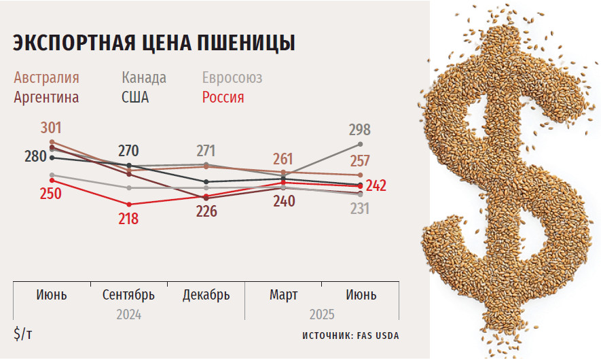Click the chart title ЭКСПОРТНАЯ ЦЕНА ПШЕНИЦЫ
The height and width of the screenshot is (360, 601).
tap(153, 42)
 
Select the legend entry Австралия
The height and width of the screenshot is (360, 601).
tap(46, 77)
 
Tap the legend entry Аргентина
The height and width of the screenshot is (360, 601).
tap(46, 97)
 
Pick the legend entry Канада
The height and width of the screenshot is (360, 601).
tap(144, 77)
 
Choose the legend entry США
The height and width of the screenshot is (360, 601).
tap(135, 97)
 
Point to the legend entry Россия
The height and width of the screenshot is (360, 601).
tap(223, 97)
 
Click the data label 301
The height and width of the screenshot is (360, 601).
tap(52, 128)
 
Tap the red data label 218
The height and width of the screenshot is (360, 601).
tap(128, 219)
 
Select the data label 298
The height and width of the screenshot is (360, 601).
tap(360, 130)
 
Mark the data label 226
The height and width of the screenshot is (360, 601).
tap(206, 211)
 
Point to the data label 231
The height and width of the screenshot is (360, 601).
tap(360, 209)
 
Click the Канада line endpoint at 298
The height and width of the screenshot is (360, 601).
tap(360, 144)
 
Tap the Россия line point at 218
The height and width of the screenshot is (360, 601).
tap(129, 204)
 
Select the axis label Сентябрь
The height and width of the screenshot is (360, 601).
tap(129, 295)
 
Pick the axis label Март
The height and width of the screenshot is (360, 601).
tap(283, 295)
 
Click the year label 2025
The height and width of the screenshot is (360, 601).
tap(322, 314)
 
